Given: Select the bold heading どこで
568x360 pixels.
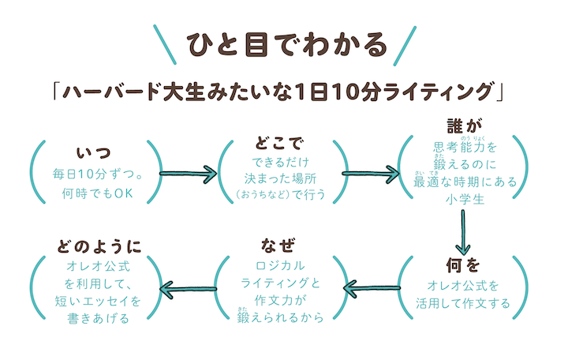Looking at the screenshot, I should (x=280, y=144).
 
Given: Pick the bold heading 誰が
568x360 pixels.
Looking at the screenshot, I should (x=465, y=126).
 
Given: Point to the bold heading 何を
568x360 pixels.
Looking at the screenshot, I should (x=464, y=264).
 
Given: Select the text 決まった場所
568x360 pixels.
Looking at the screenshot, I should (x=280, y=176).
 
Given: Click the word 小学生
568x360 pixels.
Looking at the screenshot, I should (x=464, y=198).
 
